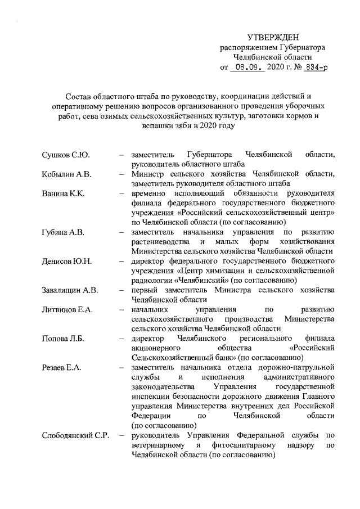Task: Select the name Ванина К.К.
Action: [63, 194]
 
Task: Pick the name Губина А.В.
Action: [64, 232]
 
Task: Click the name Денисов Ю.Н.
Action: [67, 262]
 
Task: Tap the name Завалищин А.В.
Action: [70, 291]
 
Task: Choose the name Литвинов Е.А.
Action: [67, 310]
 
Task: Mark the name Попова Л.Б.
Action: [64, 339]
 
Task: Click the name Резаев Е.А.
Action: [62, 368]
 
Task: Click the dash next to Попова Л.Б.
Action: [121, 339]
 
